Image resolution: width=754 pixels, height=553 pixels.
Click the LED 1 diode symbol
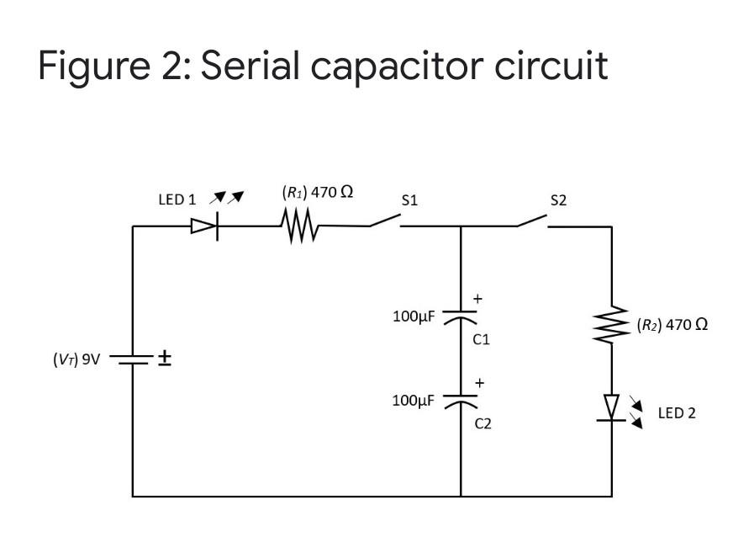coord(205,226)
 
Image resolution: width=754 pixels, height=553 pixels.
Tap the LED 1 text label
coord(177,200)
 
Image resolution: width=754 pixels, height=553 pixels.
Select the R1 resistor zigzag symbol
coord(299,226)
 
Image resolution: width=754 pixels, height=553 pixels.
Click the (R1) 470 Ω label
coord(317,191)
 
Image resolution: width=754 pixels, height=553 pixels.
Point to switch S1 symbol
coord(383,222)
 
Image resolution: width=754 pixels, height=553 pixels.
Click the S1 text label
coord(409,200)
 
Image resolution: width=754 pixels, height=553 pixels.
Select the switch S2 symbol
coord(532,222)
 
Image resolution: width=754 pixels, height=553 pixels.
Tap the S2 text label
coord(558,200)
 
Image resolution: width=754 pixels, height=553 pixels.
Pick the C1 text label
coord(481,340)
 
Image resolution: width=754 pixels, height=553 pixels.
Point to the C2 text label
coord(482,424)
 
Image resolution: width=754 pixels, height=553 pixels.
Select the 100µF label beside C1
coord(414,317)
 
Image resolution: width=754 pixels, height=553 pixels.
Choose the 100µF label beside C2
coord(414,400)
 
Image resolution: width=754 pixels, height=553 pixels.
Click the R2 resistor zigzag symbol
coord(612,324)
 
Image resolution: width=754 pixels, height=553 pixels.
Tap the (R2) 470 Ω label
coord(672,324)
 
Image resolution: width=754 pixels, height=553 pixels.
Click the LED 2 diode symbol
coord(612,408)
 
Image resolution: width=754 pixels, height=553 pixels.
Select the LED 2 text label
coord(676,413)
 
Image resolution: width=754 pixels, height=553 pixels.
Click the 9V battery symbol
coord(132,359)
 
